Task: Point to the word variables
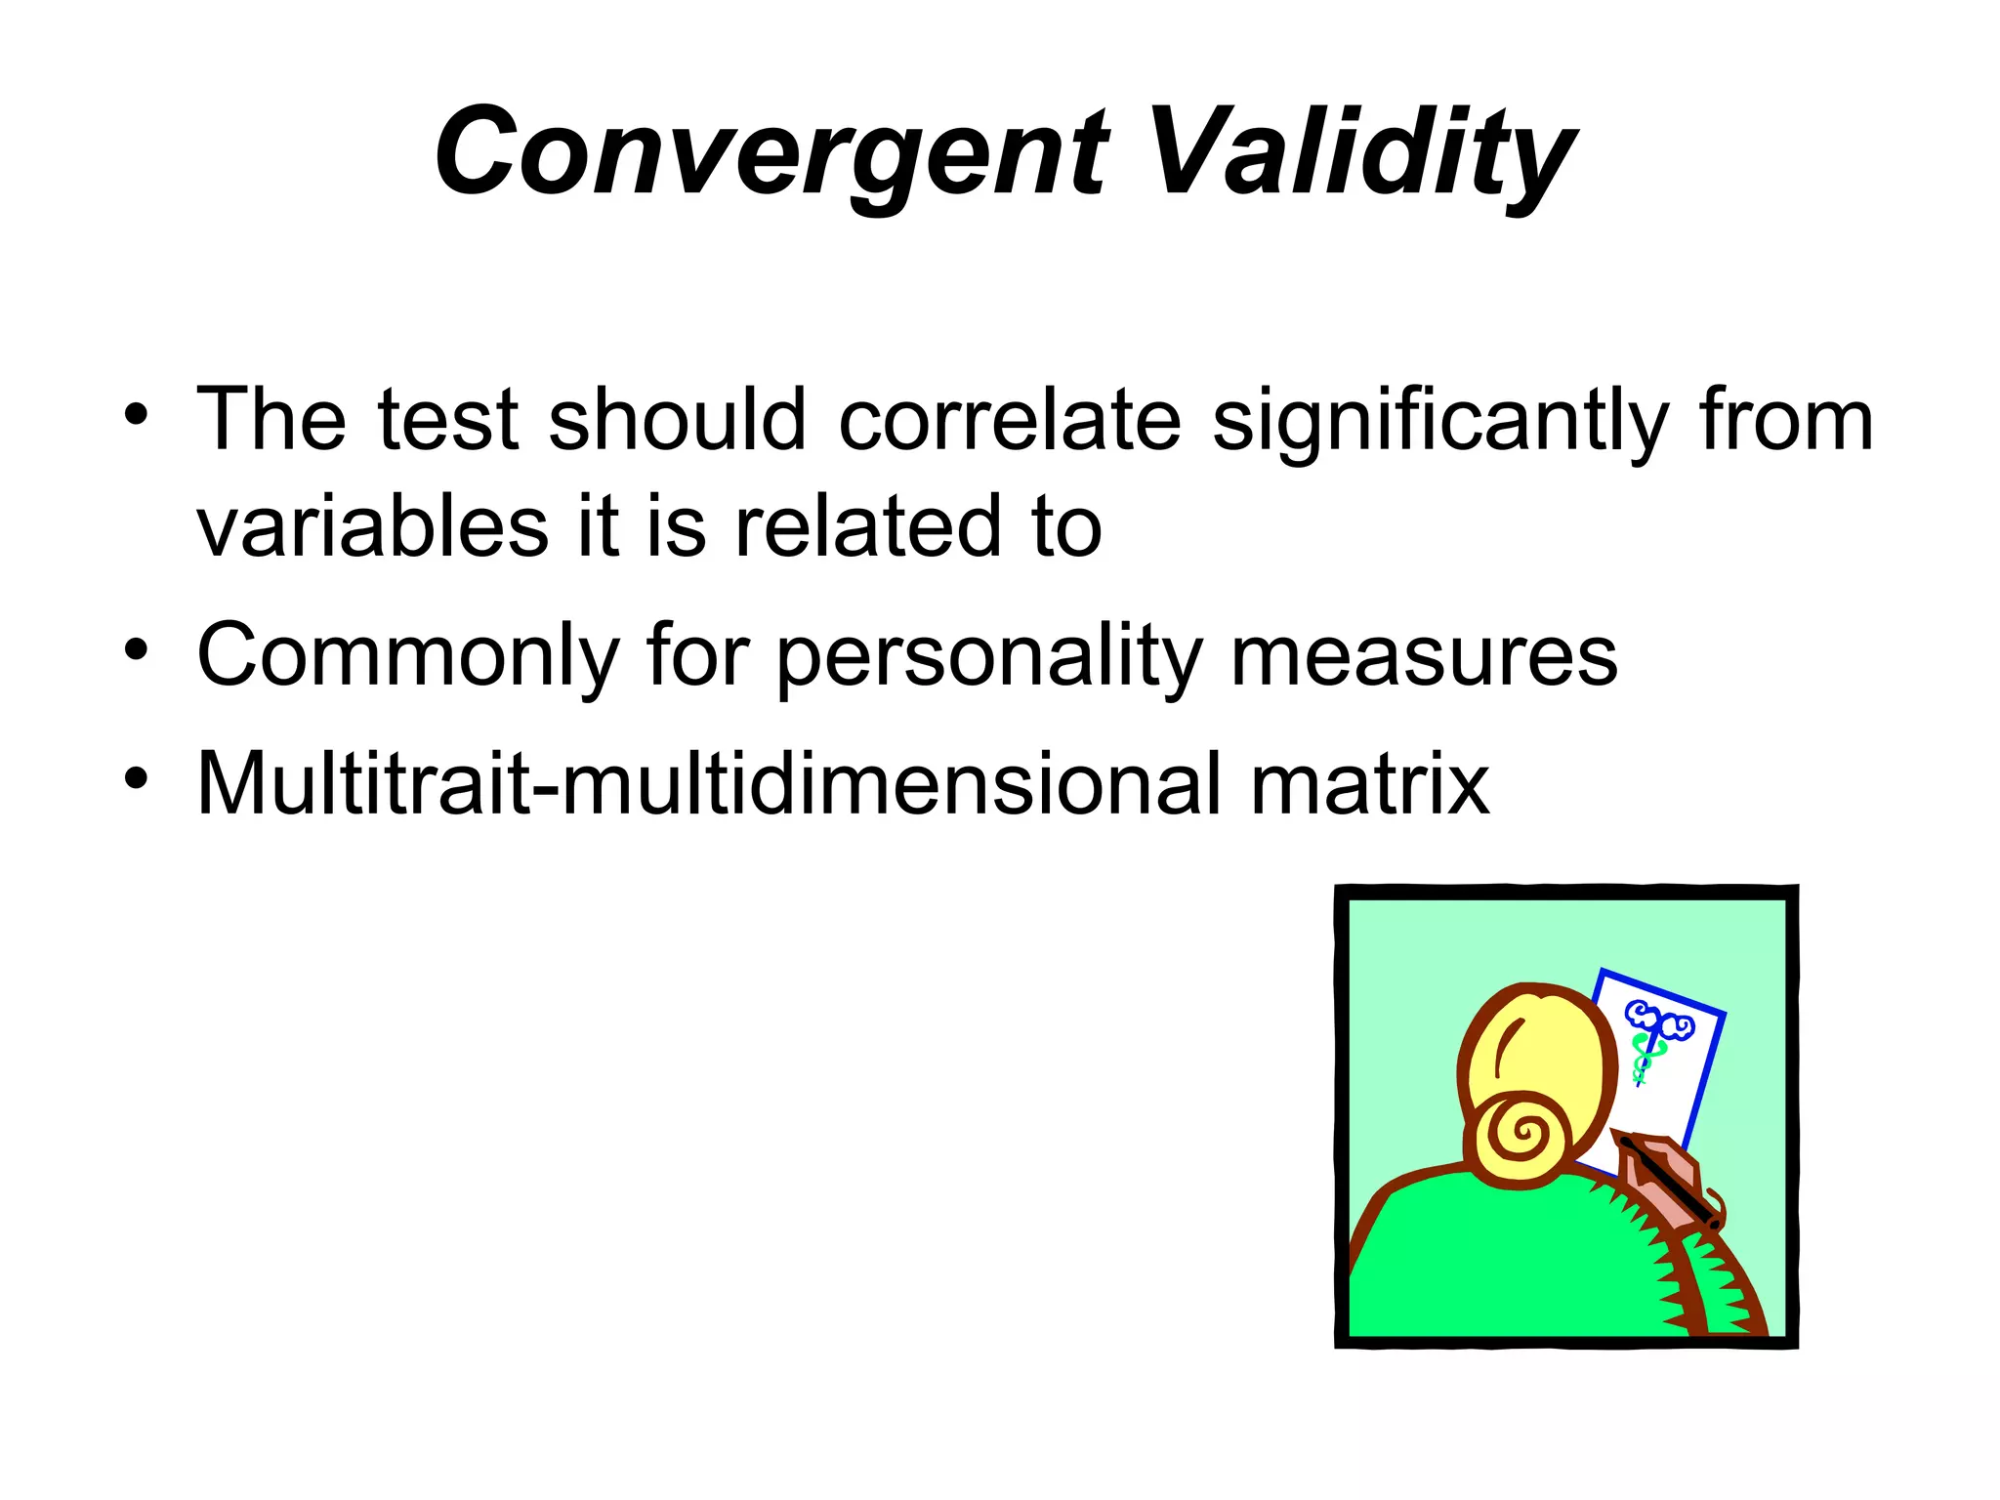(372, 527)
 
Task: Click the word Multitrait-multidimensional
(708, 784)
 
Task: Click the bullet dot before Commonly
(136, 649)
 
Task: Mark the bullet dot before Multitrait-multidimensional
(136, 777)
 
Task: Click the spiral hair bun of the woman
(1521, 1135)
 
